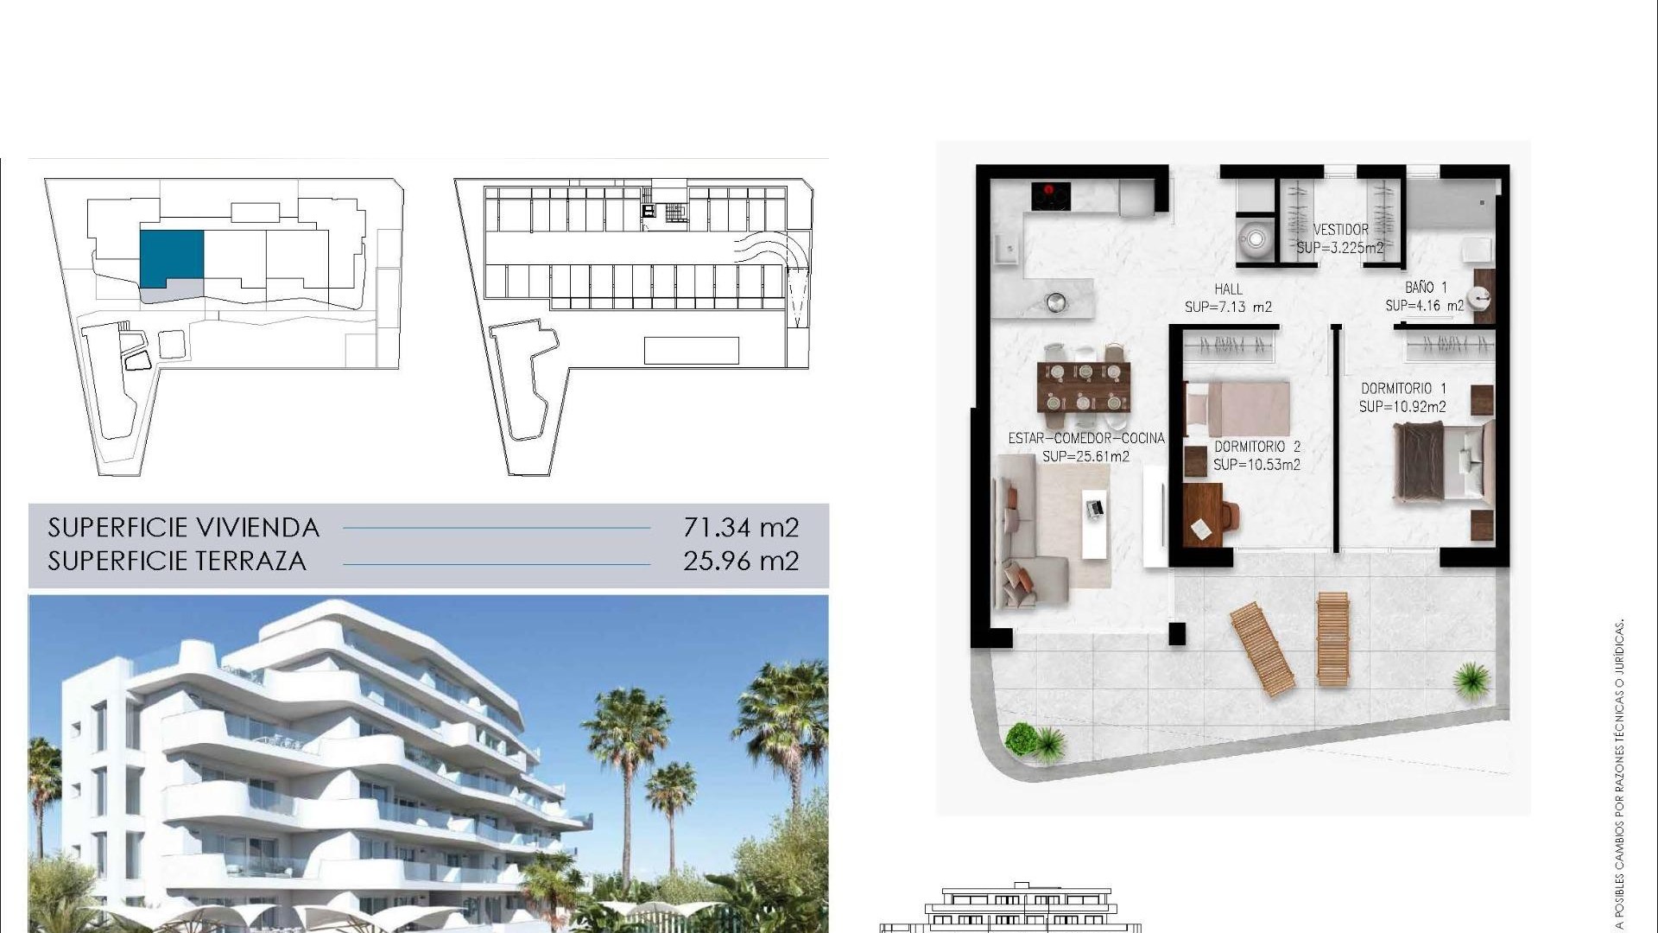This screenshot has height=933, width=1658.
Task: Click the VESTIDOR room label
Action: coord(1340,230)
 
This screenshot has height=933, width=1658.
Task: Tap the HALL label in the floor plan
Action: coord(1228,289)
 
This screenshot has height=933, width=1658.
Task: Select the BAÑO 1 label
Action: coord(1425,287)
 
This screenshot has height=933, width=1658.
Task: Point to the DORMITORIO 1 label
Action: coord(1403,389)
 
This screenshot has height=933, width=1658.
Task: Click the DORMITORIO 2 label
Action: coord(1256,447)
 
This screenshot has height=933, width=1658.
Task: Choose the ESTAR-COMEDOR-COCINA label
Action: coord(1086,438)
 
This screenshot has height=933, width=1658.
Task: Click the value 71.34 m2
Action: coord(741,527)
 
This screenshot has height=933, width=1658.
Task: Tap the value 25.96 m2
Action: coord(741,561)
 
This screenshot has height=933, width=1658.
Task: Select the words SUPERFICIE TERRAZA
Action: coord(177,561)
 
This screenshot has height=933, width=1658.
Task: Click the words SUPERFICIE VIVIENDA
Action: coord(183,527)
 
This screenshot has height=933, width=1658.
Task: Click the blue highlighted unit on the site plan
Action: coord(171,257)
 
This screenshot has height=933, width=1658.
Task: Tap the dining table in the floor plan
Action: coord(1084,387)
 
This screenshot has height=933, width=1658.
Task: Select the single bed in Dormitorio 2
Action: coord(1237,409)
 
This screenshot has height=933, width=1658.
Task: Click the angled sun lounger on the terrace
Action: coord(1262,649)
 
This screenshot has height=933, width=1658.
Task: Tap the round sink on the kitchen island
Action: coord(1055,302)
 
